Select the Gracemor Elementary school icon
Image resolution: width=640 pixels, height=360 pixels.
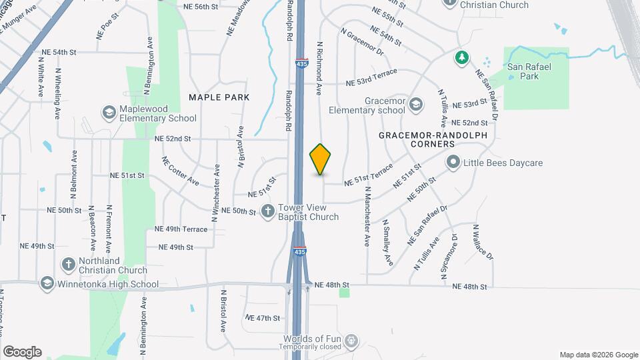(x=416, y=104)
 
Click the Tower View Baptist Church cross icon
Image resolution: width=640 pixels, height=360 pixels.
(x=268, y=211)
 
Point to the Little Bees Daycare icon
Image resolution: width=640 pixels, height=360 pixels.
(x=454, y=162)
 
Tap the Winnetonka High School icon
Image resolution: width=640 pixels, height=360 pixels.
(x=47, y=284)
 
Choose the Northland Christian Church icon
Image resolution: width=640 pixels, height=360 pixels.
(x=68, y=265)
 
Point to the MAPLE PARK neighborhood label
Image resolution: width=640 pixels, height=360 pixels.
(x=219, y=97)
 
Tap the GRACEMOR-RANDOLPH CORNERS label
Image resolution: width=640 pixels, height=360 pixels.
(x=433, y=139)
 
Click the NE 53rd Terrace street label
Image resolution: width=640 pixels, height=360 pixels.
(x=371, y=77)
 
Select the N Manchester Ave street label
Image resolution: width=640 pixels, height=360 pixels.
(x=367, y=212)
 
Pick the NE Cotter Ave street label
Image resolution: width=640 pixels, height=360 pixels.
(x=180, y=171)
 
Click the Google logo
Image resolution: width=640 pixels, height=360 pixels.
(x=22, y=352)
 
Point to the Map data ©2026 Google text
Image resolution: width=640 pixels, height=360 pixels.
(x=598, y=355)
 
